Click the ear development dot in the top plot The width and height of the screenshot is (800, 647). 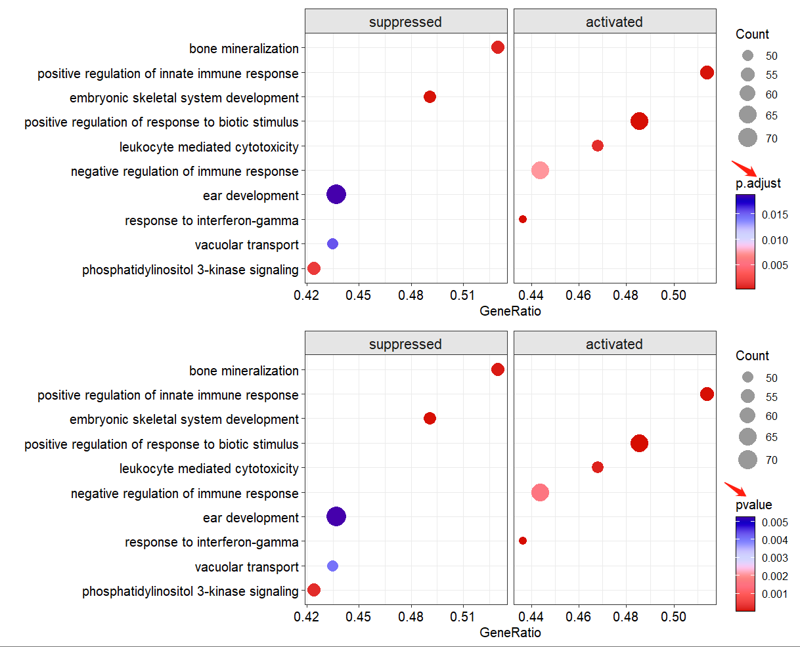pyautogui.click(x=336, y=194)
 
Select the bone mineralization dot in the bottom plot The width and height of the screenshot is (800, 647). pyautogui.click(x=498, y=369)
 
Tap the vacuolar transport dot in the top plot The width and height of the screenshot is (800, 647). pyautogui.click(x=332, y=244)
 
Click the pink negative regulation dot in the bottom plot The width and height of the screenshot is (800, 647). pyautogui.click(x=540, y=492)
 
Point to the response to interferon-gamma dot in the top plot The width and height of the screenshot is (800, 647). pyautogui.click(x=523, y=219)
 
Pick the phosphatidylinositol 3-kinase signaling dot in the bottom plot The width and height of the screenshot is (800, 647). pyautogui.click(x=314, y=590)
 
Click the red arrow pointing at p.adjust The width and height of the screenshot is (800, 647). pyautogui.click(x=745, y=169)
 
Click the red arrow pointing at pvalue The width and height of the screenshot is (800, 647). pyautogui.click(x=736, y=490)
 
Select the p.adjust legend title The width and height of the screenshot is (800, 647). pyautogui.click(x=758, y=183)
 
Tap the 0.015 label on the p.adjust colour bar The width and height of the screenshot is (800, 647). pyautogui.click(x=775, y=215)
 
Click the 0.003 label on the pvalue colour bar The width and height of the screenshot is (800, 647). pyautogui.click(x=775, y=558)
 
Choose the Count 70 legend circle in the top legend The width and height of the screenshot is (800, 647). pyautogui.click(x=747, y=138)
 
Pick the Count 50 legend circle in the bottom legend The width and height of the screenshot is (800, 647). pyautogui.click(x=747, y=377)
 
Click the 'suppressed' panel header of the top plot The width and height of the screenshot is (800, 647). pyautogui.click(x=405, y=22)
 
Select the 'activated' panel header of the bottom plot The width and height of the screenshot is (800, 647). pyautogui.click(x=614, y=344)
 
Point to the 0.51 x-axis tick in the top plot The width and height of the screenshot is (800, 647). pyautogui.click(x=463, y=295)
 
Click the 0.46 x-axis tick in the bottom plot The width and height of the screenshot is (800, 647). pyautogui.click(x=579, y=617)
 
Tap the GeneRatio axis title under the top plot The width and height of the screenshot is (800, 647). pyautogui.click(x=510, y=311)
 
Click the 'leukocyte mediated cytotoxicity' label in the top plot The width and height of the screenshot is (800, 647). pyautogui.click(x=209, y=147)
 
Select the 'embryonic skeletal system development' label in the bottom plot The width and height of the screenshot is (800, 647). pyautogui.click(x=184, y=419)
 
